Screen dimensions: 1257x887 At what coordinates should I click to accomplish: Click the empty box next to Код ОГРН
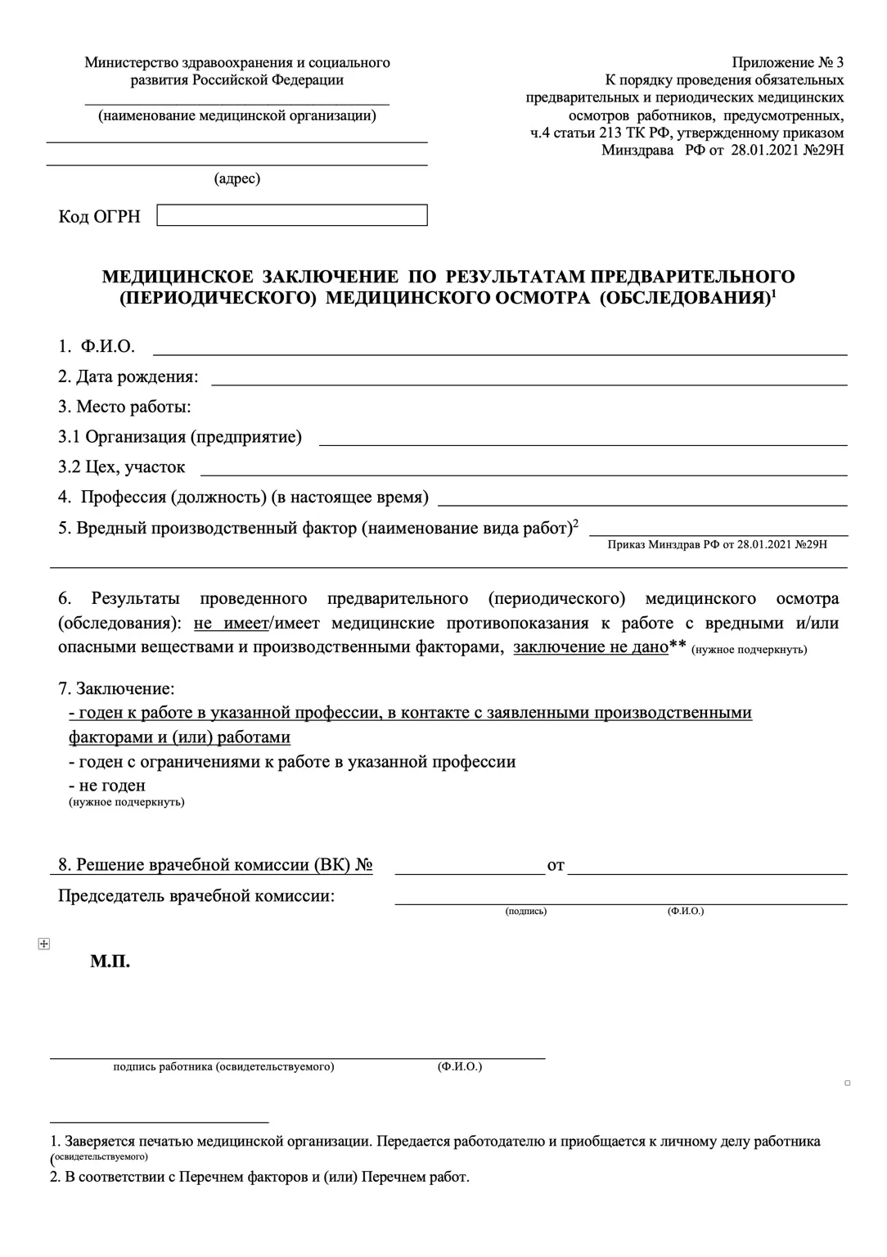pos(291,215)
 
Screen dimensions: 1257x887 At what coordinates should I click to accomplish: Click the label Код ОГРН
pos(99,217)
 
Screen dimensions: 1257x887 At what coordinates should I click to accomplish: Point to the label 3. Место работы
pos(124,407)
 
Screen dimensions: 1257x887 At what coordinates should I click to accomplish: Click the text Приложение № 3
pos(787,62)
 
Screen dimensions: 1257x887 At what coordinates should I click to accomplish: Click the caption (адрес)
pos(237,178)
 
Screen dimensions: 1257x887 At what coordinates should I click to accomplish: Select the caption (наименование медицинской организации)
pos(237,116)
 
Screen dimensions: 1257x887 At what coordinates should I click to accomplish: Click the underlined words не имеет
pos(232,624)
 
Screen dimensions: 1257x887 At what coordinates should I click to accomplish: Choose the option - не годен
pos(107,786)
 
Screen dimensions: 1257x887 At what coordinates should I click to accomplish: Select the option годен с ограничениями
pos(292,762)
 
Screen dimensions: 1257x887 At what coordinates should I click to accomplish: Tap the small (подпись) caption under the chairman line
pos(526,911)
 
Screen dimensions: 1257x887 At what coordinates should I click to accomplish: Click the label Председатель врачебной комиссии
pos(196,895)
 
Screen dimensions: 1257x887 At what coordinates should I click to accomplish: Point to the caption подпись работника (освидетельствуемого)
pos(223,1067)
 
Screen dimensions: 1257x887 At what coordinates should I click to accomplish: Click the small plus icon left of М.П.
pos(44,944)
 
